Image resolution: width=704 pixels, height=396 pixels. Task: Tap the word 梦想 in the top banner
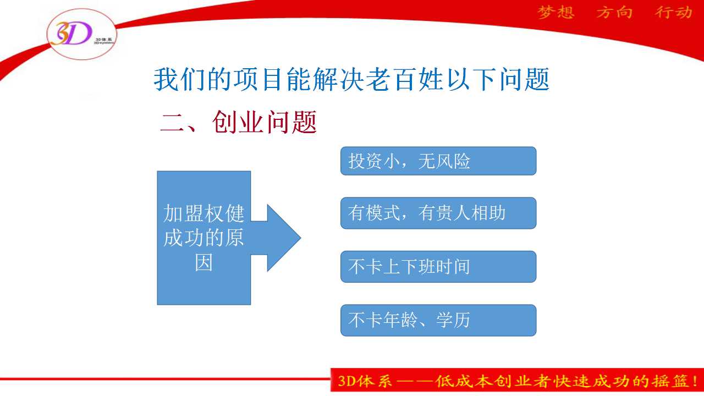pos(556,13)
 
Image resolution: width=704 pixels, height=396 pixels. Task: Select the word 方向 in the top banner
pos(614,13)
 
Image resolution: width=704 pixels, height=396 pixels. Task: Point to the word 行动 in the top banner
pos(674,13)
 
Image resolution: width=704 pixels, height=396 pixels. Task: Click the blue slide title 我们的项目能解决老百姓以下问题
pos(351,79)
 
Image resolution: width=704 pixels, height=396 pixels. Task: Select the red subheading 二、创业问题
pos(238,122)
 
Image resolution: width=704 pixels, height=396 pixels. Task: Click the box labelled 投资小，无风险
pos(438,161)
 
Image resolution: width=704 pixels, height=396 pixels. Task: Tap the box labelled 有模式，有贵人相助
pos(438,213)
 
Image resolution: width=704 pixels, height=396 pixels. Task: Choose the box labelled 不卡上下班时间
pos(438,267)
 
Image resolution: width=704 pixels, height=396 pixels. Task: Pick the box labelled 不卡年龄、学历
pos(438,320)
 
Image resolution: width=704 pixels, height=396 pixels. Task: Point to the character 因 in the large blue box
pos(204,262)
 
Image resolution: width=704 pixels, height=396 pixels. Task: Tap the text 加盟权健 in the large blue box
pos(204,213)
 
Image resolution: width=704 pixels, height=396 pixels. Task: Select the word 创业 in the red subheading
pos(238,122)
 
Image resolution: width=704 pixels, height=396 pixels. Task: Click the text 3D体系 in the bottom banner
pos(365,381)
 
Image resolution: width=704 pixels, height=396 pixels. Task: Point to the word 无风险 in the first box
pos(444,162)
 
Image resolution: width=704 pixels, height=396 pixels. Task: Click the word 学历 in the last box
pos(453,320)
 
